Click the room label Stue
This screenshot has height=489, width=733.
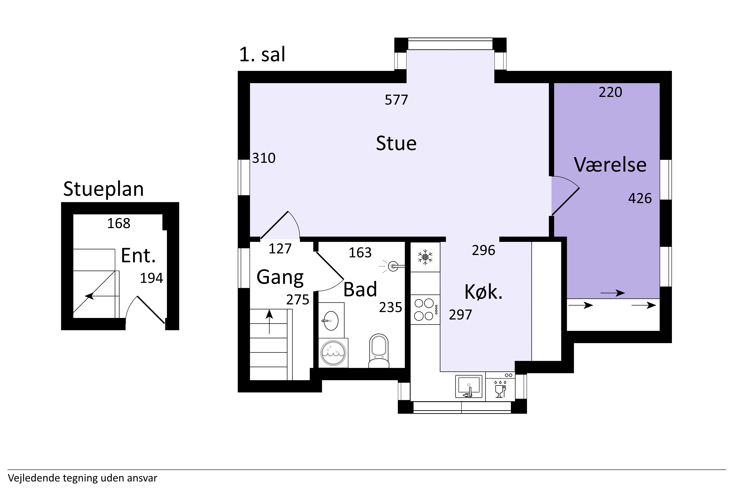pos(396,143)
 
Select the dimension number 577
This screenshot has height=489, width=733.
pos(396,100)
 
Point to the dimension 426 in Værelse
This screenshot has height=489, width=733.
pos(640,198)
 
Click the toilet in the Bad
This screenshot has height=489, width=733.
pos(379,351)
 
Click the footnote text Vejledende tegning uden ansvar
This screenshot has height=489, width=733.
pos(83,478)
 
